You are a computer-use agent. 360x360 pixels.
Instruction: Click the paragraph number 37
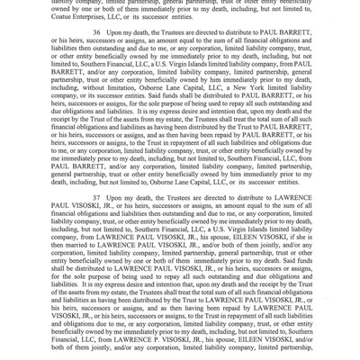click(x=96, y=197)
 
